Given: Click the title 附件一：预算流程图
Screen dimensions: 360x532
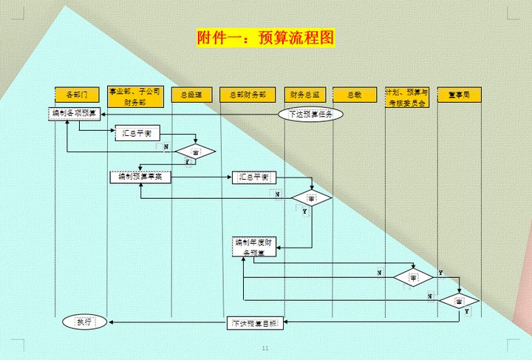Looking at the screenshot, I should click(266, 38).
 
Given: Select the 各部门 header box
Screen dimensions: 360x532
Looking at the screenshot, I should click(77, 95).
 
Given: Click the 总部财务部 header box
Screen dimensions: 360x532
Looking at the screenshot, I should click(248, 95).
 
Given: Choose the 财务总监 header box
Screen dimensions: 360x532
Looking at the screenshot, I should click(304, 95).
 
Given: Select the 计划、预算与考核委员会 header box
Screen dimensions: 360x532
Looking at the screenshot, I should click(406, 97).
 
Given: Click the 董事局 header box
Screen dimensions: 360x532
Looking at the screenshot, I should click(459, 95).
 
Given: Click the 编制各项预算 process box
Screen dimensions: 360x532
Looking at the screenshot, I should click(72, 114).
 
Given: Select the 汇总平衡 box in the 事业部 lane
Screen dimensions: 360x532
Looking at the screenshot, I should click(137, 133).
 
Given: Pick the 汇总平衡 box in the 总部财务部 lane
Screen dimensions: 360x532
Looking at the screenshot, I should click(254, 177).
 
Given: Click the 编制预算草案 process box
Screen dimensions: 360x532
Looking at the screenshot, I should click(140, 177).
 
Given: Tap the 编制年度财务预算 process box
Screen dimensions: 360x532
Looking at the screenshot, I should click(254, 248).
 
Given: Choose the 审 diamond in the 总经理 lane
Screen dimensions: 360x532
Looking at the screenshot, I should click(195, 152).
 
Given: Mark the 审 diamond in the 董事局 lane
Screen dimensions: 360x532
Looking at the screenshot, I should click(459, 302).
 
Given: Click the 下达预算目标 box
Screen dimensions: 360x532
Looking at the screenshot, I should click(254, 323).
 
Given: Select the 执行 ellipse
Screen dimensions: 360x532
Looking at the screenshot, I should click(83, 322).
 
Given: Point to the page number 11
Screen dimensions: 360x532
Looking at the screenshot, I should click(266, 349).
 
